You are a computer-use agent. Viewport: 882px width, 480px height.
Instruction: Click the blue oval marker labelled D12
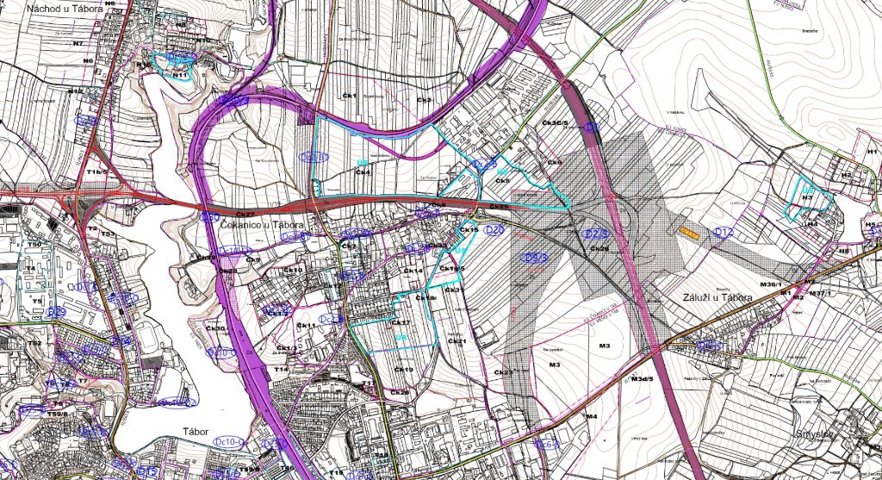pos(724,232)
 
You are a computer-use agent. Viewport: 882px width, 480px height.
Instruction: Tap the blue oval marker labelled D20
pos(494,230)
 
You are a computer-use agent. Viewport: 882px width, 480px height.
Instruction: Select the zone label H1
pos(872,152)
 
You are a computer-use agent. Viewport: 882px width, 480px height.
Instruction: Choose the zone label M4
pos(591,416)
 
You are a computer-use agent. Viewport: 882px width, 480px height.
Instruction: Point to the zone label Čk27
pos(245,213)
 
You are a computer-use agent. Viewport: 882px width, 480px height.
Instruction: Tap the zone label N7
pos(78,42)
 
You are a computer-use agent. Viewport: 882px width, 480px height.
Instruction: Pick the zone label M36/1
pos(769,284)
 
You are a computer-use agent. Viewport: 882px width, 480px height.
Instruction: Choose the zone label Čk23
pos(503,371)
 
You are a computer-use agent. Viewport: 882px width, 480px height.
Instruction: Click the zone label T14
pos(281,369)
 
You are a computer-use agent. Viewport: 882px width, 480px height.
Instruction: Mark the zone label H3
pos(807,197)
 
